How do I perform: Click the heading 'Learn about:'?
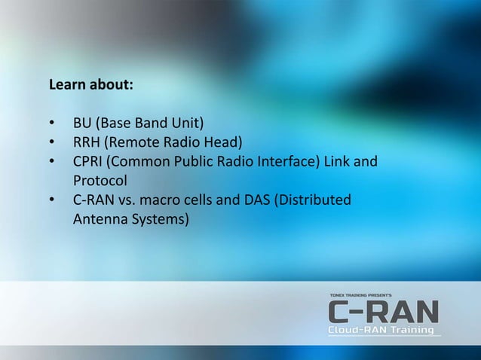(x=91, y=85)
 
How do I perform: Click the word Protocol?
(x=100, y=182)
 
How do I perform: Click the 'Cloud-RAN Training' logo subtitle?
(x=381, y=331)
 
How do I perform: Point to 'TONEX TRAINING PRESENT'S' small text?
(x=360, y=295)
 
